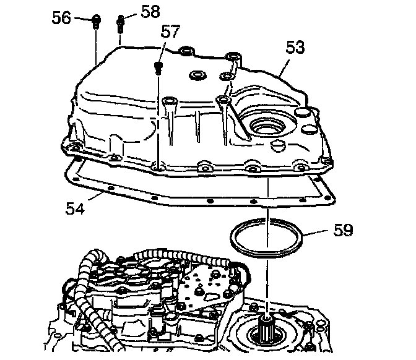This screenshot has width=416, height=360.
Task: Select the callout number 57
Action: point(171,32)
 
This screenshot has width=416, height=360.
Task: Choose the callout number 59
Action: point(342,230)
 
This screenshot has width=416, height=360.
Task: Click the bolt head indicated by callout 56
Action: point(96,23)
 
